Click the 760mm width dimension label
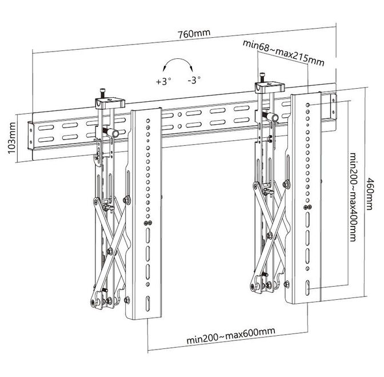[x=194, y=33]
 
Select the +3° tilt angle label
[x=163, y=81]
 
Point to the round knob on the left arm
[x=114, y=133]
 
